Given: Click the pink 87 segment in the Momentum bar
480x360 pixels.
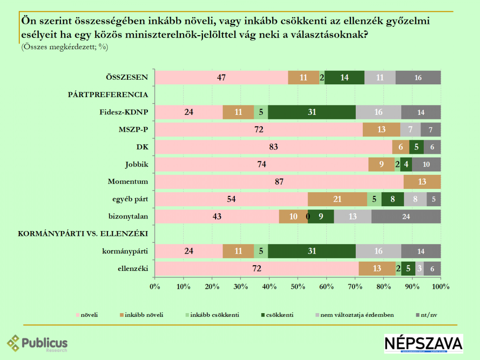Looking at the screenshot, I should [x=279, y=182].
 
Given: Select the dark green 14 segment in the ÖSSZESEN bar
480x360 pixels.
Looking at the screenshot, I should [x=345, y=78].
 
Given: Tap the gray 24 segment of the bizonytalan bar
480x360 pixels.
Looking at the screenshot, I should [x=406, y=217].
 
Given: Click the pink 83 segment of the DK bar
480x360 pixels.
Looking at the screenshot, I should [x=274, y=147].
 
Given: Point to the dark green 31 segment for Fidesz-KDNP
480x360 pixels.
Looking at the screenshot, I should [x=312, y=112].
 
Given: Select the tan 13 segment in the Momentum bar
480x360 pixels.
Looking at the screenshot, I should [x=422, y=182].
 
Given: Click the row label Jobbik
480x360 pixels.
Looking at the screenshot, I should [x=136, y=165].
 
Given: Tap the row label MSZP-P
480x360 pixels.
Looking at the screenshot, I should [x=134, y=130].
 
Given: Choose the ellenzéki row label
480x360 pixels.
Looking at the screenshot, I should [x=134, y=269].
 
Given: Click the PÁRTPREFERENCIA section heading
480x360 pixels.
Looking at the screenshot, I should [x=108, y=95].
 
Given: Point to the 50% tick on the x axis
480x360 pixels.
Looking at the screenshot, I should [x=298, y=286].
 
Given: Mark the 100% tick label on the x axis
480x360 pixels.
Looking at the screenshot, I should [x=441, y=286].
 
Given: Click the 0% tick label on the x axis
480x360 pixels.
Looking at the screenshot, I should [x=155, y=286].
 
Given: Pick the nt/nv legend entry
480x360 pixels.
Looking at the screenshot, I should [x=427, y=315].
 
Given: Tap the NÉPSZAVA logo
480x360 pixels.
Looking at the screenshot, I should [x=423, y=344].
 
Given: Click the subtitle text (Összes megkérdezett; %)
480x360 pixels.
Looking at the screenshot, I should [x=65, y=46].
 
